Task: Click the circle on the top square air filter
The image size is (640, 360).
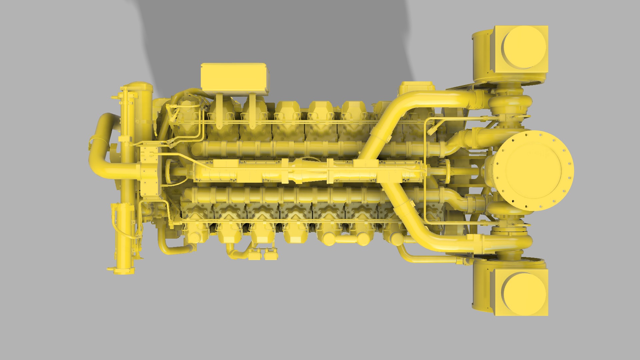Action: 524,47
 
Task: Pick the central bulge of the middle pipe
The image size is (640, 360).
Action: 307,171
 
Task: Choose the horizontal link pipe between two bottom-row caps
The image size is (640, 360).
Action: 347,239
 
